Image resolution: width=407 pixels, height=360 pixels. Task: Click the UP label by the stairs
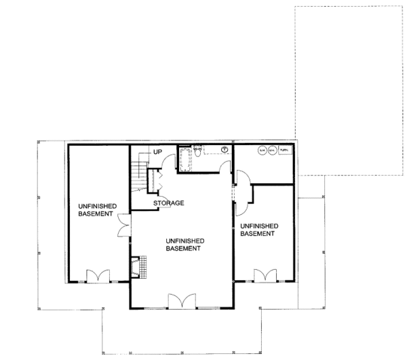(x=157, y=151)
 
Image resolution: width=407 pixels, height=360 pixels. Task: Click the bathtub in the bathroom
(x=185, y=157)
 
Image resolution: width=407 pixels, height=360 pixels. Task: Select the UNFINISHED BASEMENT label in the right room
(x=257, y=229)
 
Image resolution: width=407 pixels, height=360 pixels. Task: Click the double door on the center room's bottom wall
(x=182, y=300)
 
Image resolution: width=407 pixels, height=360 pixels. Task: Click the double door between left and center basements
(x=123, y=226)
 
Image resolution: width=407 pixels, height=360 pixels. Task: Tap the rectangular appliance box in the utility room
(x=285, y=151)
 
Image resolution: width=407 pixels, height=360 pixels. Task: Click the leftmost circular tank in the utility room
(x=263, y=151)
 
